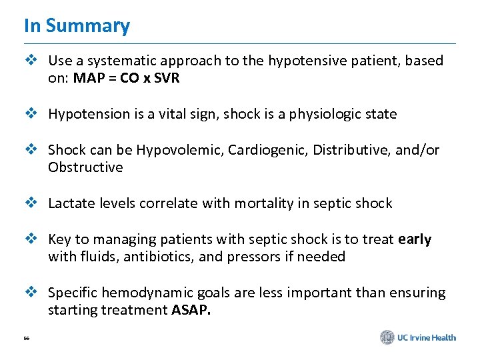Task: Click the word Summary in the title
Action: click(x=87, y=26)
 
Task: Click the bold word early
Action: click(x=415, y=239)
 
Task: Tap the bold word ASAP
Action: click(x=191, y=310)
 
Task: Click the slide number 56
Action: click(x=27, y=339)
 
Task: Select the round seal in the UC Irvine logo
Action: click(x=387, y=337)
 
